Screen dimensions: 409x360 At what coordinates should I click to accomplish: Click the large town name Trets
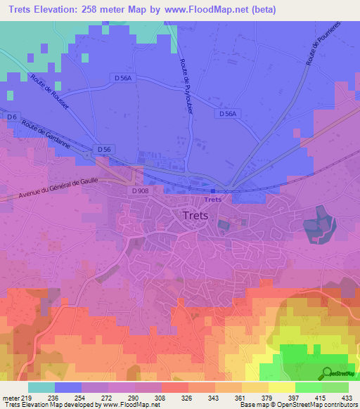click(195, 216)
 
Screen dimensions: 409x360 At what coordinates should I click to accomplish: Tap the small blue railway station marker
click(214, 190)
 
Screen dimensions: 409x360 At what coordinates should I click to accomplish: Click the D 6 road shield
click(11, 117)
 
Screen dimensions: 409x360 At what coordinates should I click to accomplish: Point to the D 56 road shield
click(104, 150)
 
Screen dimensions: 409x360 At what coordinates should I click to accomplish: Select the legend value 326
click(186, 398)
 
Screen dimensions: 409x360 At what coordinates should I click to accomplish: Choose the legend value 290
click(133, 398)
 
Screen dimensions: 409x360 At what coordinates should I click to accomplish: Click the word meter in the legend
click(9, 398)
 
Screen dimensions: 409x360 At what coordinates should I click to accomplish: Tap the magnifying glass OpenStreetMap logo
click(326, 372)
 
